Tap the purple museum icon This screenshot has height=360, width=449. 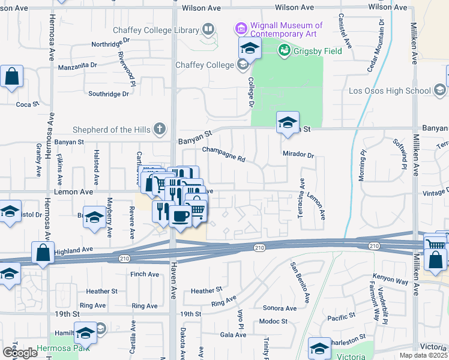point(241,28)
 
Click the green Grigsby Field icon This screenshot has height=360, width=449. point(284,51)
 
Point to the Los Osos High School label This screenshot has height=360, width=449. point(390,91)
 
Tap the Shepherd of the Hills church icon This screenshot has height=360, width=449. point(159,128)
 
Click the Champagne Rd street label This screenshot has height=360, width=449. point(224,155)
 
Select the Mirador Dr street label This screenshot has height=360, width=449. point(298,155)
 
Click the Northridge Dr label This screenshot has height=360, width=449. point(110,44)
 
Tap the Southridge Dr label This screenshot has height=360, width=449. point(109,94)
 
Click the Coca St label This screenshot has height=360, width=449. point(27,104)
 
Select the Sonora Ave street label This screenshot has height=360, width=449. point(280,308)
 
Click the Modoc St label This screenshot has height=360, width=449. point(273,322)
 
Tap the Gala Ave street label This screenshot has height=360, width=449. point(233,335)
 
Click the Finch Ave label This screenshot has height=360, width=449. point(145,274)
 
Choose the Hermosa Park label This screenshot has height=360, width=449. point(62,347)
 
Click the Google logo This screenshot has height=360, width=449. point(20,353)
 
